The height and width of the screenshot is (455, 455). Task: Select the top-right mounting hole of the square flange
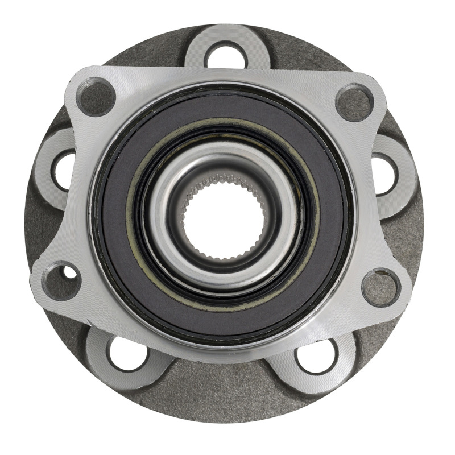(354, 102)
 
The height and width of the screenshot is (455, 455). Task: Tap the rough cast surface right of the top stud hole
(301, 54)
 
